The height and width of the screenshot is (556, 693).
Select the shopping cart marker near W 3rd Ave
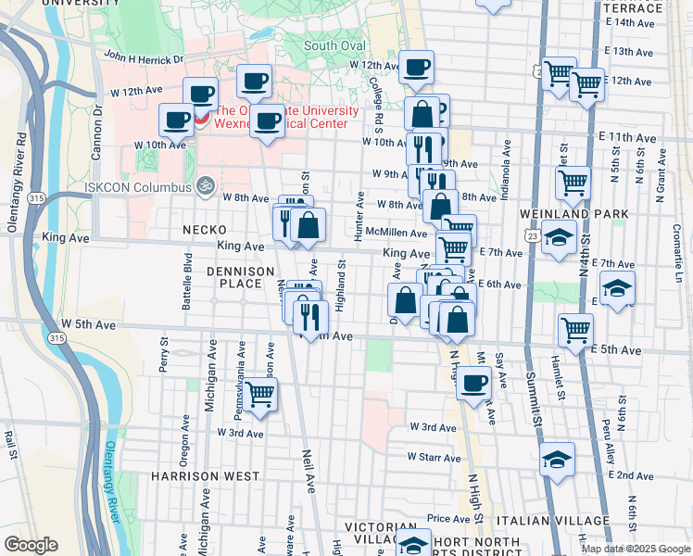point(261,393)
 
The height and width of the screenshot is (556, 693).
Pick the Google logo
point(31,544)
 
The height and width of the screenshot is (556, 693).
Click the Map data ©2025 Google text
point(635,549)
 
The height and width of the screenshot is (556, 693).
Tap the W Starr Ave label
point(434,457)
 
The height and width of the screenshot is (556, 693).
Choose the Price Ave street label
point(449,519)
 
